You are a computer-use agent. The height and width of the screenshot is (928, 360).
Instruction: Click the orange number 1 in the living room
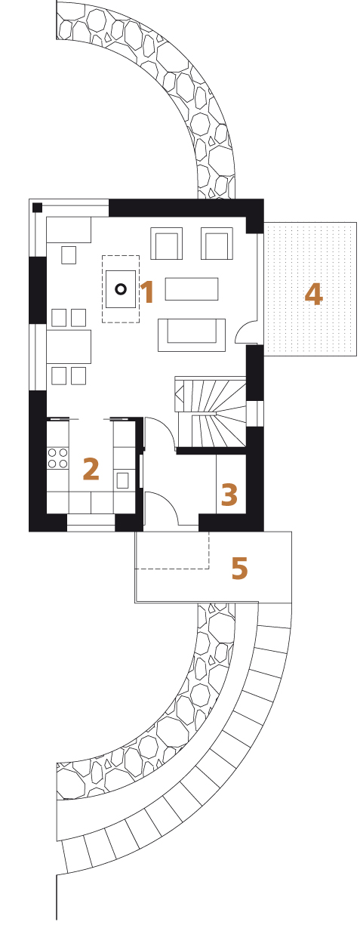148,291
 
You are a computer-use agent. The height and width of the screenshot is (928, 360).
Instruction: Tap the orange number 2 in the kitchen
91,469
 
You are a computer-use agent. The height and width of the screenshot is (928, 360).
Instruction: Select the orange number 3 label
229,495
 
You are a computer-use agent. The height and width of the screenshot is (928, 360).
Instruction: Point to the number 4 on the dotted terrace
313,294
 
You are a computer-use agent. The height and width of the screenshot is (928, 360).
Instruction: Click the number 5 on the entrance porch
239,568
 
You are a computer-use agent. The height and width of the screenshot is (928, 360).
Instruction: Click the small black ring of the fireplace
121,289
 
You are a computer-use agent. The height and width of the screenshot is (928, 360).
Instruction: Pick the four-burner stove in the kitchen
57,458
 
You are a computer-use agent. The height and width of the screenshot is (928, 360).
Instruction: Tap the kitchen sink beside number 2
122,480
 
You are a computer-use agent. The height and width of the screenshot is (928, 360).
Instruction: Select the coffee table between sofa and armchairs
192,288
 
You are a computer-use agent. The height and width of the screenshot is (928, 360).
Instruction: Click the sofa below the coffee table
192,335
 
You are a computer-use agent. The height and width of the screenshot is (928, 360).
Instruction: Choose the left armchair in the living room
167,243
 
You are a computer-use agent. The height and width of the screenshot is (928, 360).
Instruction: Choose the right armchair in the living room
217,243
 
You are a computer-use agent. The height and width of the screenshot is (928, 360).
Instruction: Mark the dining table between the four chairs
69,347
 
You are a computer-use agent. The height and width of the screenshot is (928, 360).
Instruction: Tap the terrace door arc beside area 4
242,328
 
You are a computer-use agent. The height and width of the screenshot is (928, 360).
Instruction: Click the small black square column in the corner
37,208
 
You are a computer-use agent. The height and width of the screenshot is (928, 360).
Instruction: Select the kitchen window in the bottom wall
91,523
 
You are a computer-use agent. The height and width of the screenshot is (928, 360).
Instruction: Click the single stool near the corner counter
69,254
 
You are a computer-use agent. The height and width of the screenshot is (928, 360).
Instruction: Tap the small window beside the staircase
255,414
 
